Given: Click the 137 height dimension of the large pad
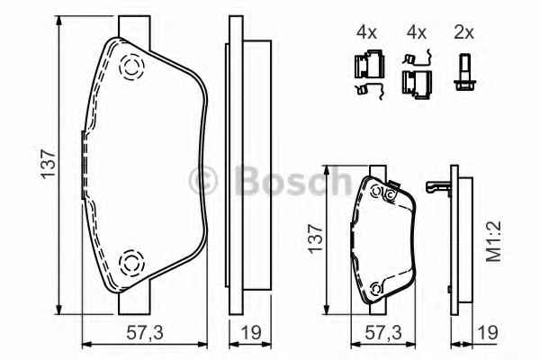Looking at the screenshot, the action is pyautogui.click(x=49, y=164).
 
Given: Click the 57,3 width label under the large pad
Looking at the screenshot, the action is pyautogui.click(x=145, y=333).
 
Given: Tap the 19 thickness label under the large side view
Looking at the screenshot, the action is pyautogui.click(x=250, y=333).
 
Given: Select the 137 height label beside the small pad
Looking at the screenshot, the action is pyautogui.click(x=316, y=238).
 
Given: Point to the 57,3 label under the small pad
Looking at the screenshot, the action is pyautogui.click(x=383, y=333).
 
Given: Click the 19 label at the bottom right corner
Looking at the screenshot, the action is pyautogui.click(x=488, y=333).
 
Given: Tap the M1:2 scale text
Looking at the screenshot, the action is pyautogui.click(x=493, y=241).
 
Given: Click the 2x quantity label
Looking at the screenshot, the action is pyautogui.click(x=463, y=32).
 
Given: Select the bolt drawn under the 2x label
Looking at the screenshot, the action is pyautogui.click(x=465, y=72).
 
